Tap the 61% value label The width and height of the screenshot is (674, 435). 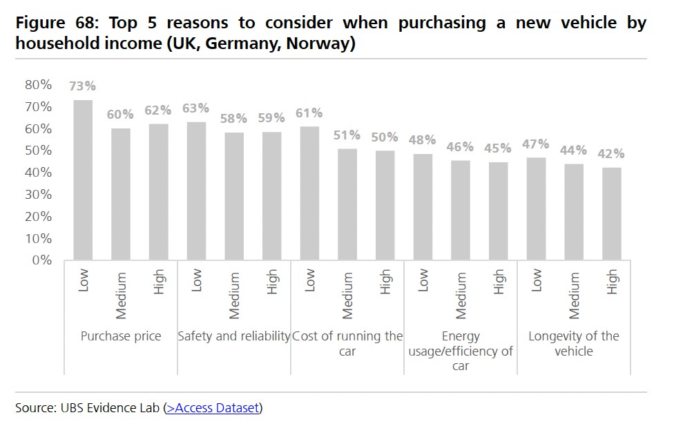pyautogui.click(x=309, y=113)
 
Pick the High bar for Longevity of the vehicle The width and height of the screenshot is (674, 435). pyautogui.click(x=612, y=213)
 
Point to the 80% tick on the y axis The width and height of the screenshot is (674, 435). pyautogui.click(x=38, y=85)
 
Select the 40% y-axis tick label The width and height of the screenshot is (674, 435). pyautogui.click(x=38, y=173)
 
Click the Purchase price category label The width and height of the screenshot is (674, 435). pyautogui.click(x=121, y=336)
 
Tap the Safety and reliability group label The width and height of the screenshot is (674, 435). pyautogui.click(x=234, y=336)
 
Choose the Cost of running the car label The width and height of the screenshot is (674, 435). pyautogui.click(x=347, y=343)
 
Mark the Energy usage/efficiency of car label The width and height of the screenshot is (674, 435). pyautogui.click(x=461, y=351)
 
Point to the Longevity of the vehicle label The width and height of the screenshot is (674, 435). pyautogui.click(x=574, y=343)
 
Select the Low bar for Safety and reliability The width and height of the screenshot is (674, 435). pyautogui.click(x=197, y=191)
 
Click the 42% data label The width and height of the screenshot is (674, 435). pyautogui.click(x=612, y=153)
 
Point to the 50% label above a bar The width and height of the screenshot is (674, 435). pyautogui.click(x=385, y=137)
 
